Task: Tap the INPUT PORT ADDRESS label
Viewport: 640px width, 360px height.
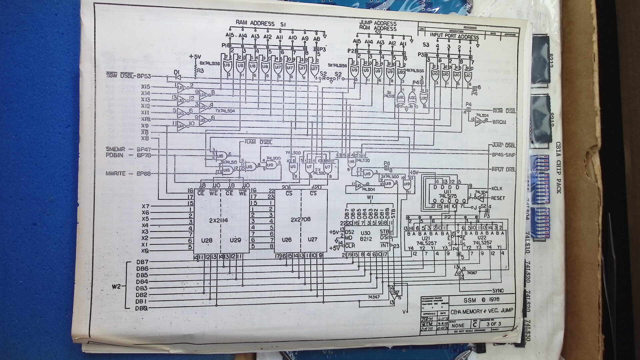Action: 454,37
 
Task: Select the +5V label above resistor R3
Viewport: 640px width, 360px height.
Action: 196,57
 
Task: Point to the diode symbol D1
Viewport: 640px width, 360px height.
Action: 177,77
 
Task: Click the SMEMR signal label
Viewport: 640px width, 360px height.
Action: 115,149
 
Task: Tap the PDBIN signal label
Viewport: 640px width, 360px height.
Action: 115,155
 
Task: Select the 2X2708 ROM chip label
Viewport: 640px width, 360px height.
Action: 301,220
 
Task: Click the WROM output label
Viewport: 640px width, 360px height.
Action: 499,122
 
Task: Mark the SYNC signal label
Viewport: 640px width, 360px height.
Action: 498,291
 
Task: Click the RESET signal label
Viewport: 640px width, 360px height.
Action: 498,198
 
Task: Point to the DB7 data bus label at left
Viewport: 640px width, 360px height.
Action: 142,262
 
